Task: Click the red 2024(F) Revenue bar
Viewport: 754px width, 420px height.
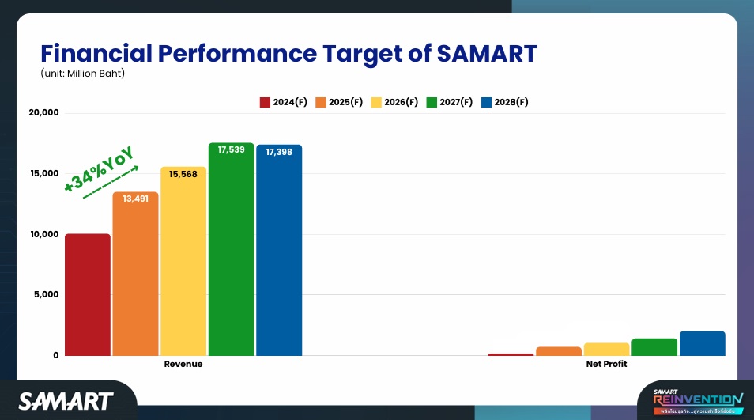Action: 88,294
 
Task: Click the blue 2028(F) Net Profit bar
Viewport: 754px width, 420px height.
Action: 702,343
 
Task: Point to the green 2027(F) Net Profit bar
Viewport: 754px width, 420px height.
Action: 654,347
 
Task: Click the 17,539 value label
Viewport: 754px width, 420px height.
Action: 232,149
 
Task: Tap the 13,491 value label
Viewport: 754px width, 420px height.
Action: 135,199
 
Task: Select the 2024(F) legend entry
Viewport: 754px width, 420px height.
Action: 283,103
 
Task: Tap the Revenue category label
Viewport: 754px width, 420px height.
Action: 183,365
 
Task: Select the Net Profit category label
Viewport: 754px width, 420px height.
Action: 606,365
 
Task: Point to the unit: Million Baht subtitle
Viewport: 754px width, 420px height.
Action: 83,74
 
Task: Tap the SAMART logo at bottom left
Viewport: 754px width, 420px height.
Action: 66,401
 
